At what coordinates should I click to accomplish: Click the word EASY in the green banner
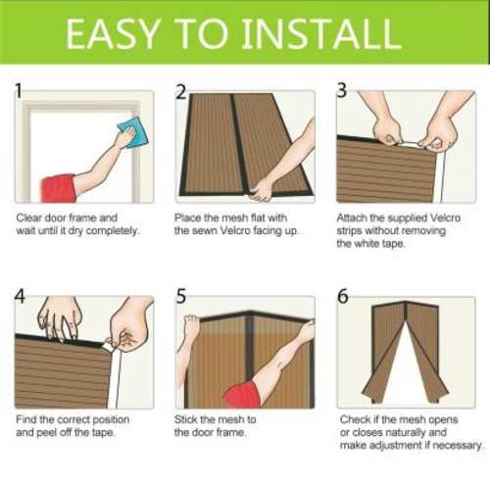(x=114, y=33)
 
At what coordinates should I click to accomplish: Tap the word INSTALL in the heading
(x=321, y=33)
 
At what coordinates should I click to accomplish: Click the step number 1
(x=19, y=90)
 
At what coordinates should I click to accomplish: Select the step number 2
(x=180, y=92)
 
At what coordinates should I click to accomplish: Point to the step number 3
(x=341, y=90)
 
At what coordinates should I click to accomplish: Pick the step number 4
(x=20, y=297)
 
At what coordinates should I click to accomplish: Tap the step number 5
(x=180, y=296)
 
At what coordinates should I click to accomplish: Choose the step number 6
(x=343, y=296)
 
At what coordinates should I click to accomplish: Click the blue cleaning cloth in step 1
(x=133, y=133)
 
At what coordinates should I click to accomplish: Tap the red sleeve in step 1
(x=59, y=189)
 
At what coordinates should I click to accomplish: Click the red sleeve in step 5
(x=242, y=395)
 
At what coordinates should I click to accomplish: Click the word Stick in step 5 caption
(x=185, y=419)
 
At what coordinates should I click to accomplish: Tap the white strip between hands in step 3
(x=409, y=145)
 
